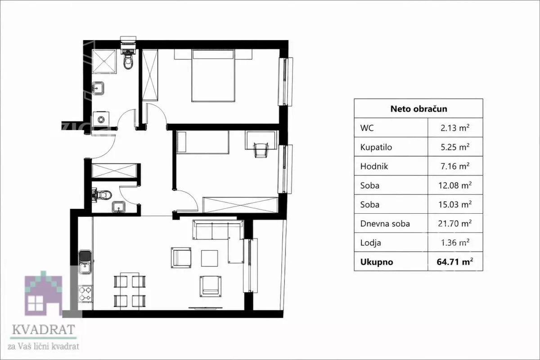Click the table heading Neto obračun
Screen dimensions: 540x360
[x=419, y=109]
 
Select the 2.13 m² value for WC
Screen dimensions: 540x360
[x=455, y=127]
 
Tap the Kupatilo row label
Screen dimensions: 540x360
[x=376, y=147]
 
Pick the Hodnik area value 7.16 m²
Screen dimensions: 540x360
[x=455, y=166]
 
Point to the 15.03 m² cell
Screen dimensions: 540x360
[x=455, y=204]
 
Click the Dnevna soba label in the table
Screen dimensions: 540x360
[x=385, y=224]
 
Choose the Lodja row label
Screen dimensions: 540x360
[x=370, y=243]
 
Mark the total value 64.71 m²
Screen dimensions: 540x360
[x=455, y=261]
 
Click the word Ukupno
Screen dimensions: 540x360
[x=377, y=262]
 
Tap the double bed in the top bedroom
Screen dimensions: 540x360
[x=213, y=76]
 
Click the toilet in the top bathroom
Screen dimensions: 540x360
[x=128, y=59]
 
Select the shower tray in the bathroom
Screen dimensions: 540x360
[x=104, y=61]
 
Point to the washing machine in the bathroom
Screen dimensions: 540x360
[x=101, y=119]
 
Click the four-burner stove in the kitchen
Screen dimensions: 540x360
[x=85, y=294]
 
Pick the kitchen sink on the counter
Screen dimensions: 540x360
[x=85, y=262]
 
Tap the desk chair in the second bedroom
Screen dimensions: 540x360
[x=261, y=150]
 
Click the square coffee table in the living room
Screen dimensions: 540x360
[x=210, y=258]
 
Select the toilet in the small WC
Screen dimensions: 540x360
[x=102, y=195]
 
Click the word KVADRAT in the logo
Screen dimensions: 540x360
[x=43, y=329]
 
